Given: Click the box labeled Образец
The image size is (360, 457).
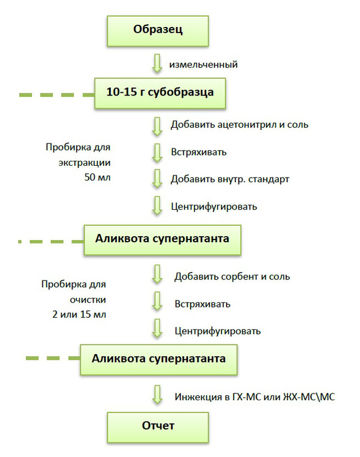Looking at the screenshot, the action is tap(158, 31).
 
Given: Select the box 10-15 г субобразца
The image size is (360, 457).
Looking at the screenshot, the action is tap(160, 93).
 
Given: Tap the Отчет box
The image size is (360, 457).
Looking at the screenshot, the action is tap(158, 427).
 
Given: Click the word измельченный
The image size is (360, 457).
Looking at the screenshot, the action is tap(203, 65).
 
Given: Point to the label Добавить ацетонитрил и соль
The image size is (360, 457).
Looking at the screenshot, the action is tap(240, 125).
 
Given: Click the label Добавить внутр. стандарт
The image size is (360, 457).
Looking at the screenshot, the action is tap(230, 179).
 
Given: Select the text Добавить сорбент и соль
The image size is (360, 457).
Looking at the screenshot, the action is tap(232, 277).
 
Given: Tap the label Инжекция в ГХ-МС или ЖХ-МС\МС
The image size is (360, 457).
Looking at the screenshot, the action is tap(255, 397).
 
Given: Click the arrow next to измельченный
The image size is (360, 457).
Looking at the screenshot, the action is tap(157, 63).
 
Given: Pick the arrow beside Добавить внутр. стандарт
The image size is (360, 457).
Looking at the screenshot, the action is tap(157, 178).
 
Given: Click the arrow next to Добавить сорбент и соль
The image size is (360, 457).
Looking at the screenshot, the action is tap(157, 274).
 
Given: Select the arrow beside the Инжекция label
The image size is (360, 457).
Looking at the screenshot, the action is tap(157, 395).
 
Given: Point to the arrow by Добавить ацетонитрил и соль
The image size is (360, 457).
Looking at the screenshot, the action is tap(157, 126).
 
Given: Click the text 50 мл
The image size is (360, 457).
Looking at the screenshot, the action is tap(97, 177).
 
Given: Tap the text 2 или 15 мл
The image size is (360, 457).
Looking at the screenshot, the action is tap(79, 314).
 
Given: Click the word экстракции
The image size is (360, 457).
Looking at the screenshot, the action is tap(84, 162).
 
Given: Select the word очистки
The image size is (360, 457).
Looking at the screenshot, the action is tap(88, 300).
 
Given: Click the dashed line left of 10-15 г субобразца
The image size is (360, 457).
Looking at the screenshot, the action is tap(57, 95).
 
